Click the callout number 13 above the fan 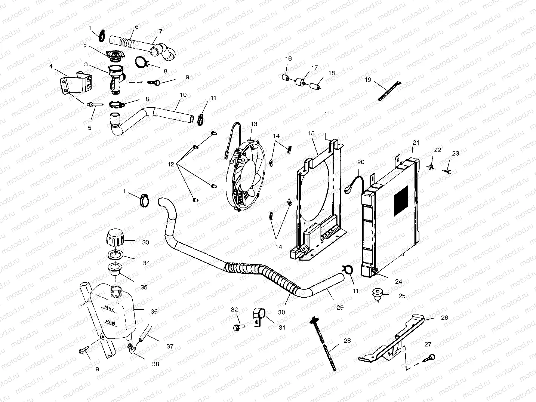click(x=254, y=124)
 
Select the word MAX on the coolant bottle click(x=109, y=309)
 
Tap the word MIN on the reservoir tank click(x=111, y=322)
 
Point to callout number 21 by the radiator click(x=416, y=142)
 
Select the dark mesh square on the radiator click(x=401, y=201)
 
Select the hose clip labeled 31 click(x=258, y=316)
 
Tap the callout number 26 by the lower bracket click(x=444, y=317)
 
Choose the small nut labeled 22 click(x=431, y=166)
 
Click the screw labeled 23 click(x=448, y=171)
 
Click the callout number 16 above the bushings click(x=289, y=59)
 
